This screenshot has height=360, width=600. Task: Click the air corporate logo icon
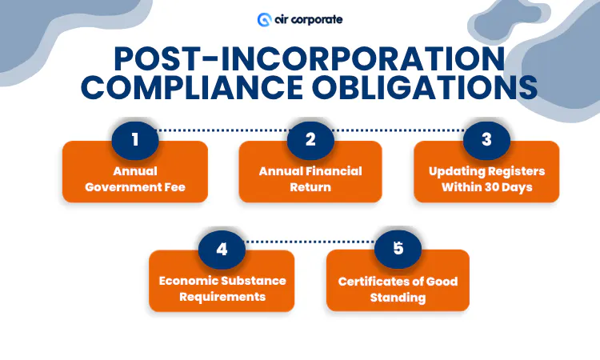[x=264, y=18]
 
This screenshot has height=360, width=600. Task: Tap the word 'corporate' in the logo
[x=315, y=18]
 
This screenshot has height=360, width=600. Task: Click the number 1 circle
[x=135, y=139]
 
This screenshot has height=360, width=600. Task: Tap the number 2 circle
[x=310, y=139]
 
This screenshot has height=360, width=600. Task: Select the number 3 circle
[x=486, y=139]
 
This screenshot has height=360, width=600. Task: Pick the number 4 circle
[x=222, y=249]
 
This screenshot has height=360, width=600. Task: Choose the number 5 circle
[x=398, y=249]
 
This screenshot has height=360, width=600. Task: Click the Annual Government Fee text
[x=135, y=178]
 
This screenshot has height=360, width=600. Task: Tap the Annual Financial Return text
[x=310, y=178]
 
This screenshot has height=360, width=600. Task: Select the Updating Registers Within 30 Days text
[x=486, y=178]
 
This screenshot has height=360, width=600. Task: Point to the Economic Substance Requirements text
[x=222, y=288]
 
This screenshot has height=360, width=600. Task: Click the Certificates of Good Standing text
[x=398, y=289]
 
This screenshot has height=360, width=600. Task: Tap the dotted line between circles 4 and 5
[x=310, y=240]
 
